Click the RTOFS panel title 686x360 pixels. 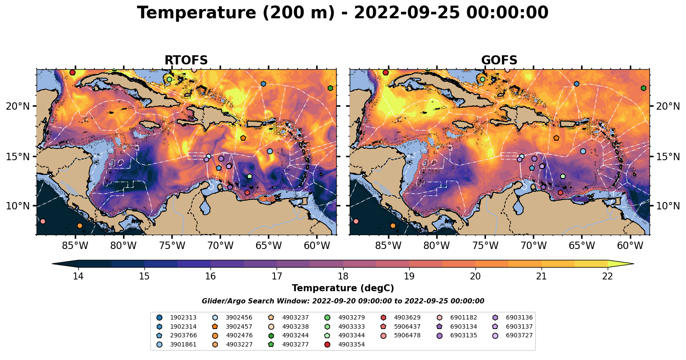point(186,61)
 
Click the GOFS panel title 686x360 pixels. point(499,61)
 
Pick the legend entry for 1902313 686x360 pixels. point(183,318)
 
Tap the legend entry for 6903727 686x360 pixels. point(519,336)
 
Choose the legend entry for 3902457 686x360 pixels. point(239,327)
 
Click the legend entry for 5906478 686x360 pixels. point(407,336)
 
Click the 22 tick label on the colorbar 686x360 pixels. point(607,276)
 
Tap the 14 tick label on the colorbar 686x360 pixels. point(78,276)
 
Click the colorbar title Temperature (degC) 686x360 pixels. point(343,288)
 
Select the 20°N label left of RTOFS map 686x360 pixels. point(18,107)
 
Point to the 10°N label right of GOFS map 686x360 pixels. point(668,206)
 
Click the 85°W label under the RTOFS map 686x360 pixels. point(75,246)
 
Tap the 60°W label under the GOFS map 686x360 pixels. point(630,246)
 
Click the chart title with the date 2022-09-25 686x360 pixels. point(343,13)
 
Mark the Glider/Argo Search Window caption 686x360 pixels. point(343,301)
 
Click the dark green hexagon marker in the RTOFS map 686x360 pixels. point(330,88)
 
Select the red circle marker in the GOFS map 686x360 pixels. point(385,73)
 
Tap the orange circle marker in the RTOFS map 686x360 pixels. point(80,225)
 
